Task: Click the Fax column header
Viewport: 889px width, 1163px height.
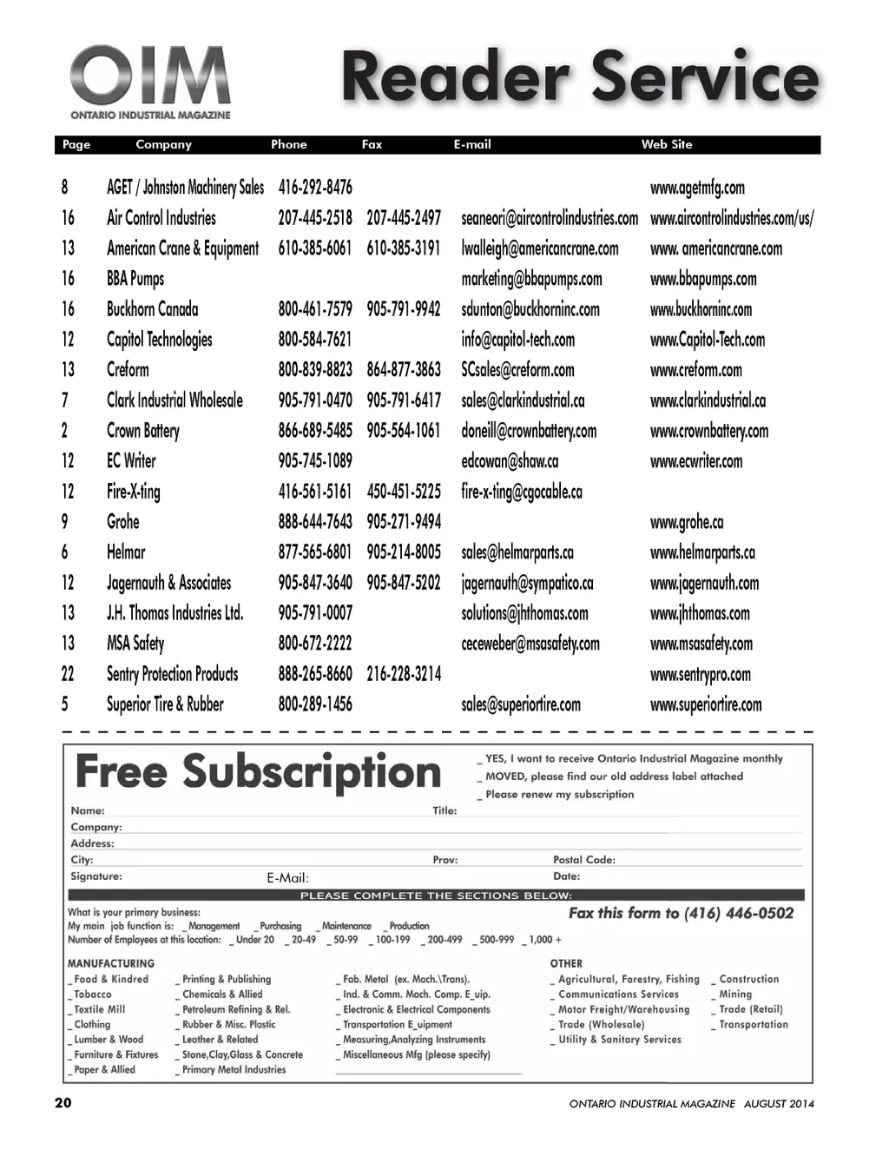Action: click(x=372, y=145)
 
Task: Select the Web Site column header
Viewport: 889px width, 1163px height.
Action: click(x=666, y=145)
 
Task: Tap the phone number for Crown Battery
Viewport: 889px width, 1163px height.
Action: click(x=315, y=431)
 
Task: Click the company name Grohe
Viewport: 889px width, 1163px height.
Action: click(x=123, y=522)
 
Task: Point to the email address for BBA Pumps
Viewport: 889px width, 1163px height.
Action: click(x=531, y=279)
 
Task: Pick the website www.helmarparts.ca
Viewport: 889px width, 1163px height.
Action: click(x=702, y=552)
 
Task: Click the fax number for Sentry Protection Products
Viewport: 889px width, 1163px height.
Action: click(x=404, y=674)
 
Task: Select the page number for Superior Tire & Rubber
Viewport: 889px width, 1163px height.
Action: click(x=65, y=704)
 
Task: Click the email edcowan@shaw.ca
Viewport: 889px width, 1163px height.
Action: click(x=510, y=461)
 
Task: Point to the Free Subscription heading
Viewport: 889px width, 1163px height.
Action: click(x=258, y=772)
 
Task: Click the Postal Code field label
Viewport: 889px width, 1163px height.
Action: click(x=583, y=860)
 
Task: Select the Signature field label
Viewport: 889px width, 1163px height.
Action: click(x=96, y=876)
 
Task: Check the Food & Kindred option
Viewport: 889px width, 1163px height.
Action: click(x=71, y=980)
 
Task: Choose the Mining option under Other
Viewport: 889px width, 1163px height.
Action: click(x=714, y=994)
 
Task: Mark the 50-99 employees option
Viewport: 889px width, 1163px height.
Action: click(x=329, y=940)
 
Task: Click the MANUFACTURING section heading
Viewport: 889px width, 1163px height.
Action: click(x=111, y=963)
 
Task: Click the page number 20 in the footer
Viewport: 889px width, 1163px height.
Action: click(x=63, y=1103)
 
